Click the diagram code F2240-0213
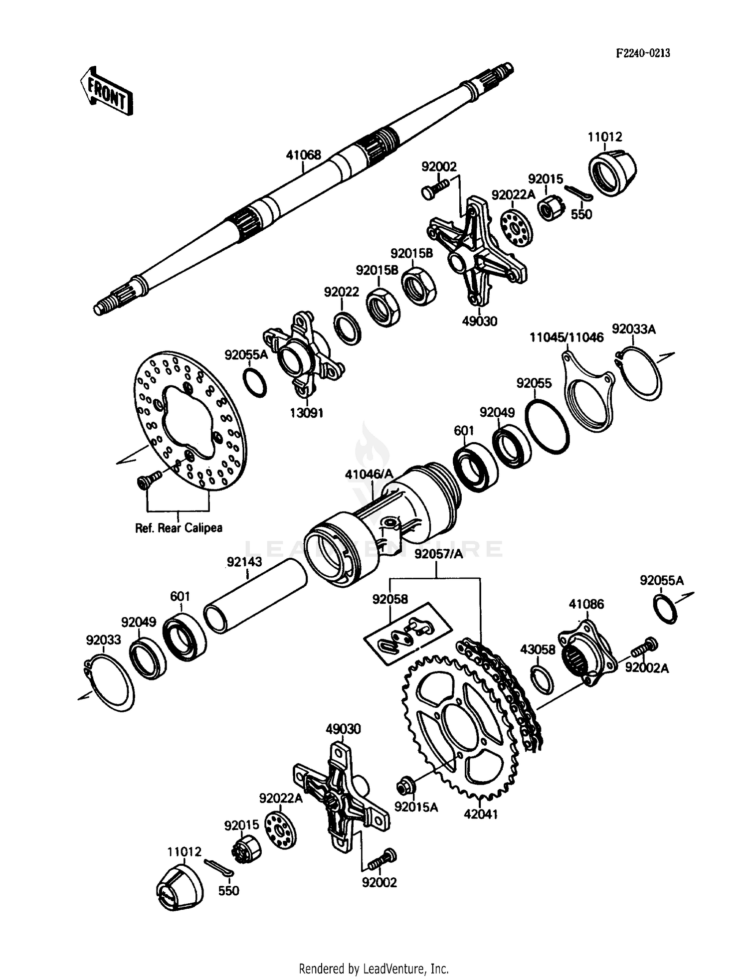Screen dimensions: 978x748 [643, 53]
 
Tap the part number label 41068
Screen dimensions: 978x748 [303, 155]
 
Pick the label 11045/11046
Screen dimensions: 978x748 [566, 337]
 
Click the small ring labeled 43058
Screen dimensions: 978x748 [542, 679]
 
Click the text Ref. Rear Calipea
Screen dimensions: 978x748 [179, 528]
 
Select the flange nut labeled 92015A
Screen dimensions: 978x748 [403, 788]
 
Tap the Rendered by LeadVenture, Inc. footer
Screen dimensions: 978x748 [374, 969]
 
